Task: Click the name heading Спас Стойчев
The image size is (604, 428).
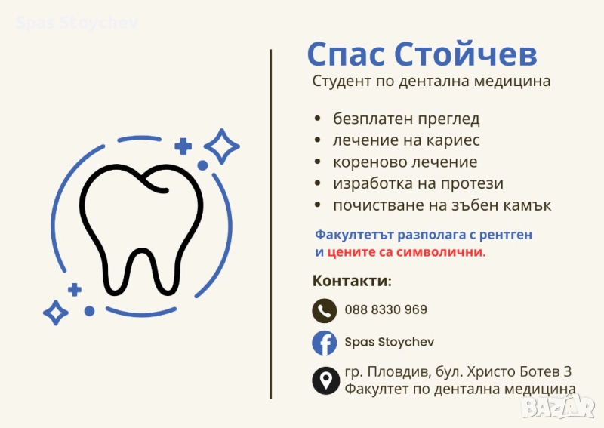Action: [422, 55]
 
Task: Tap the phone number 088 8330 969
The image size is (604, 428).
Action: [385, 309]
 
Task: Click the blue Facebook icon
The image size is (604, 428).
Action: [325, 343]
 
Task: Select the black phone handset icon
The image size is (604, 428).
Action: [325, 310]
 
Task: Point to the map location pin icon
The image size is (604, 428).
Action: [325, 380]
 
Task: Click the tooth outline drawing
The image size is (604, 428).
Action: [141, 226]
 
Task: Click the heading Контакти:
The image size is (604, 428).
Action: [352, 281]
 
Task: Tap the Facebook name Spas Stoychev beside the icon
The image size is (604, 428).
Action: [389, 343]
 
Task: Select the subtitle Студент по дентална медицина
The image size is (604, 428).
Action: [431, 81]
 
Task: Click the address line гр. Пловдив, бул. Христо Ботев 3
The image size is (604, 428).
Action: [458, 371]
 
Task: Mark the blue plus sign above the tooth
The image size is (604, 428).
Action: [183, 146]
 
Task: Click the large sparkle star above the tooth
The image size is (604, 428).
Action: [222, 146]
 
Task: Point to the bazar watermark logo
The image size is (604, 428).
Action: [567, 408]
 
